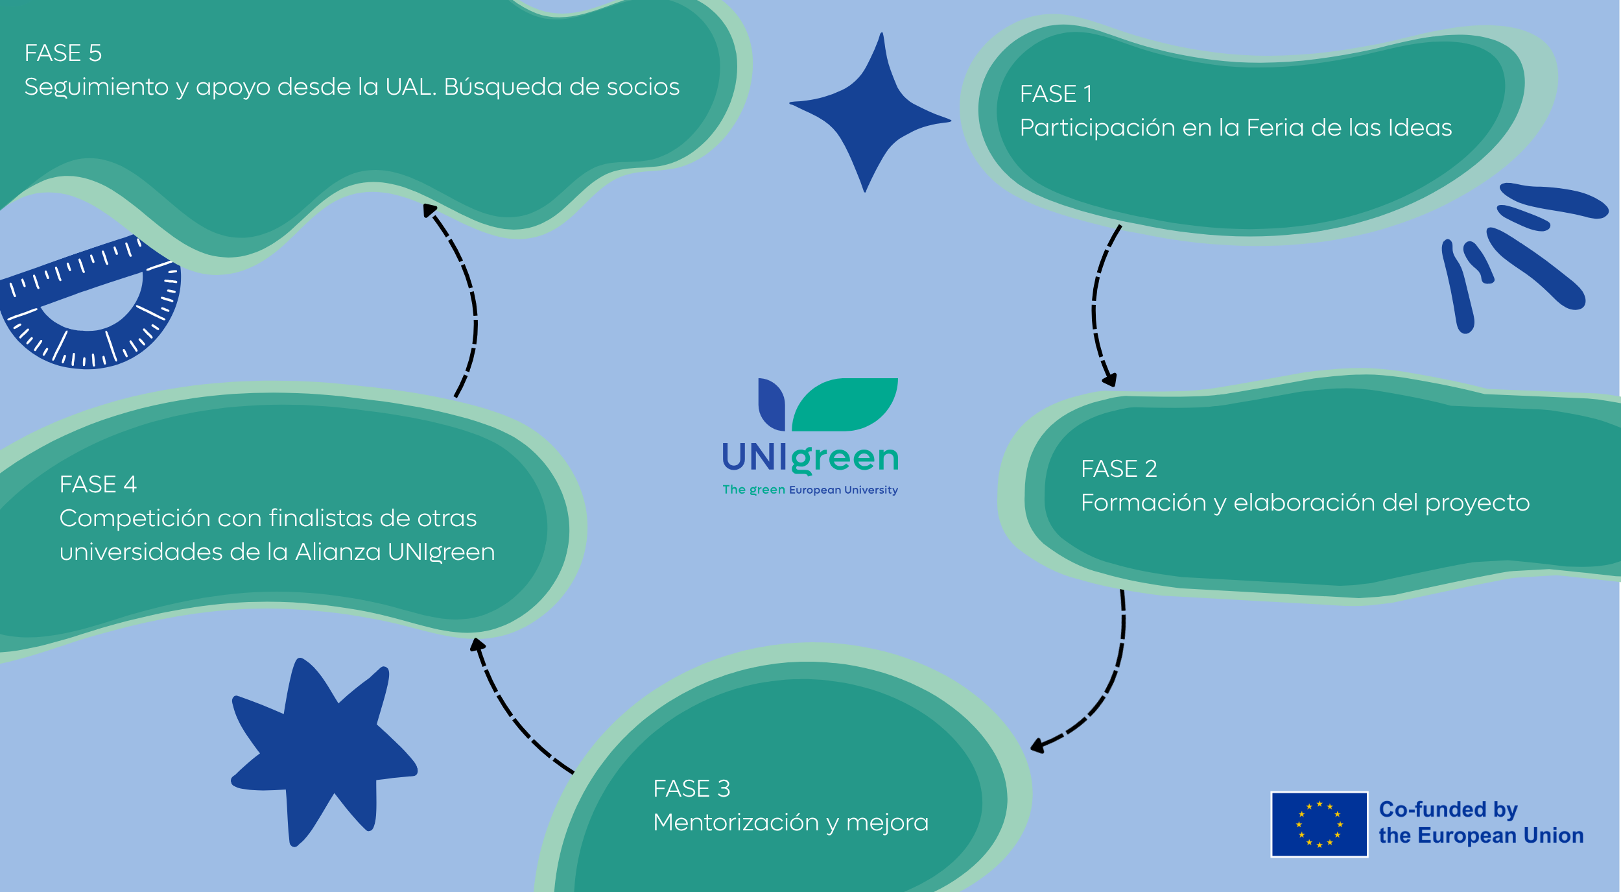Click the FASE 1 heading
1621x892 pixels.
point(1056,94)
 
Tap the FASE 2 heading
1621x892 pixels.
point(1118,468)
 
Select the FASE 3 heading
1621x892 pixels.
point(691,788)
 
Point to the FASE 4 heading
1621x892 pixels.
point(98,484)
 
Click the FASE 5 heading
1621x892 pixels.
point(63,53)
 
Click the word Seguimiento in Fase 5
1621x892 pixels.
point(96,87)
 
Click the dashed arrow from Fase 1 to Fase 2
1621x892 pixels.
point(1096,305)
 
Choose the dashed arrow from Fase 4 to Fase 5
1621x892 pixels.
point(470,298)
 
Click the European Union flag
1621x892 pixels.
point(1319,824)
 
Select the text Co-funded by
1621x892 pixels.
point(1448,810)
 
